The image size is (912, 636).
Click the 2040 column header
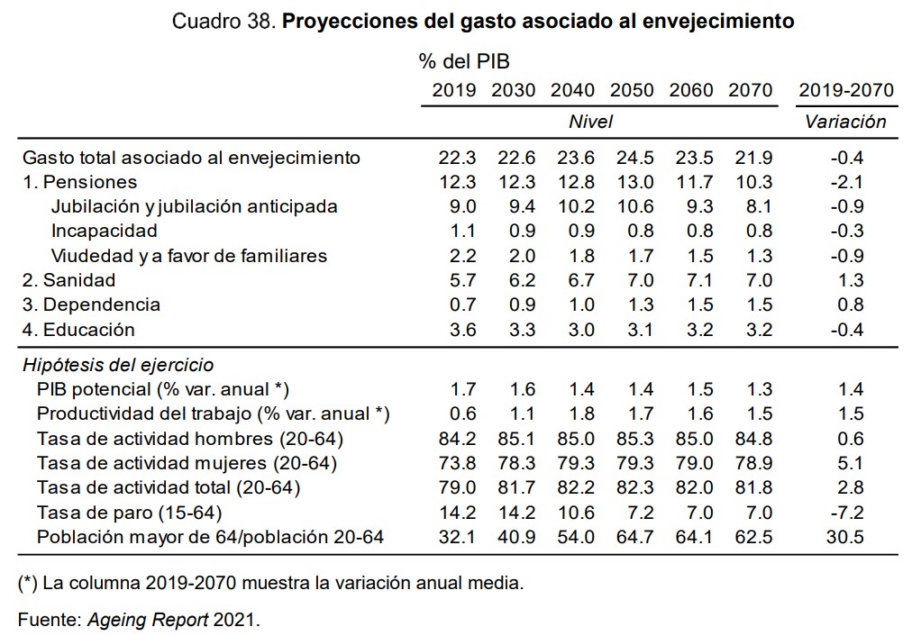(572, 90)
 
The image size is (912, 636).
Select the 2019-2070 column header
(845, 90)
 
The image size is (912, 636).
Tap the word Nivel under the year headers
(591, 122)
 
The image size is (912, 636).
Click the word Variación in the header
(845, 122)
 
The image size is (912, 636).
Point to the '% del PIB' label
(463, 61)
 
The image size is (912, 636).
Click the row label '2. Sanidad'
(68, 280)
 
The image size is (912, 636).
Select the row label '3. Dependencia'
(91, 304)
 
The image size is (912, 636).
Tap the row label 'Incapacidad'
(104, 231)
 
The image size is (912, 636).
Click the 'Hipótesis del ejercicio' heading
(118, 365)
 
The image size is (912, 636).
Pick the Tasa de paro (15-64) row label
(129, 513)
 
